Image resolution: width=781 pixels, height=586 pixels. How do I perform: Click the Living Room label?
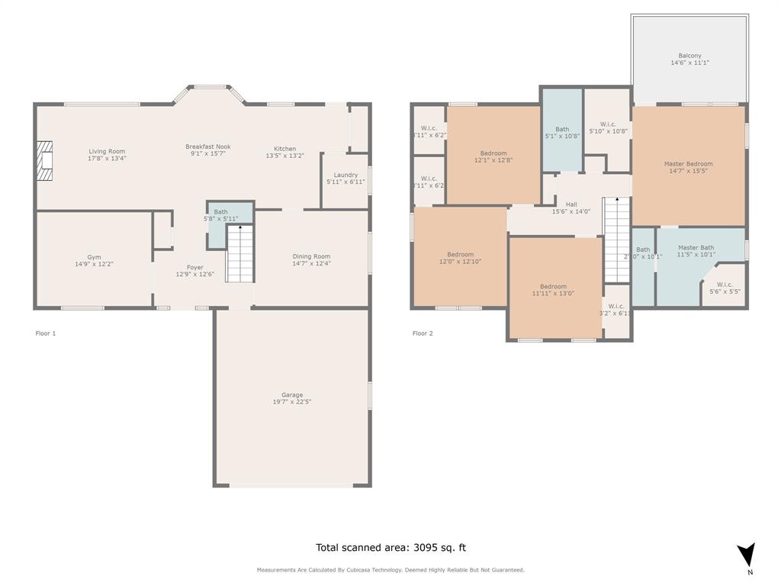(x=107, y=151)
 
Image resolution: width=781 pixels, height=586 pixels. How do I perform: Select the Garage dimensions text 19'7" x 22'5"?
(x=292, y=401)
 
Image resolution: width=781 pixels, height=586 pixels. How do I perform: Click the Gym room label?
(x=94, y=257)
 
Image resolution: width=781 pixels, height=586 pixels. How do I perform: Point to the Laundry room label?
(x=346, y=175)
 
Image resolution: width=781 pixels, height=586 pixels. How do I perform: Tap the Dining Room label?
(x=311, y=256)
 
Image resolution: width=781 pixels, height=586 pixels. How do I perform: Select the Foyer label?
(x=189, y=267)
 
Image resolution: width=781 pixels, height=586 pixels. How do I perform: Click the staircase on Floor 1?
(x=240, y=253)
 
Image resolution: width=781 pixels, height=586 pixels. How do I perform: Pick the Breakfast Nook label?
(x=207, y=146)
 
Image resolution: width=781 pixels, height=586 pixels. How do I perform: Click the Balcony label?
(x=689, y=56)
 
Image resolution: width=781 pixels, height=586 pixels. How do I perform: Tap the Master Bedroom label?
(x=688, y=164)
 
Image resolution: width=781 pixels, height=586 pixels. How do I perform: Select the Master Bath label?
(x=696, y=247)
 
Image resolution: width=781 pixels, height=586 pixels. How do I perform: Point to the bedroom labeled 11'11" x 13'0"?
(x=553, y=287)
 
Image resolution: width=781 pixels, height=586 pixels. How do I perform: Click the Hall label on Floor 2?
(x=571, y=204)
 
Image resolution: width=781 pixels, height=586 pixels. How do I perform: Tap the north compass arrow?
(x=747, y=555)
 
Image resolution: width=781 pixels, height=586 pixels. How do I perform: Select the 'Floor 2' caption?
(x=423, y=333)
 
